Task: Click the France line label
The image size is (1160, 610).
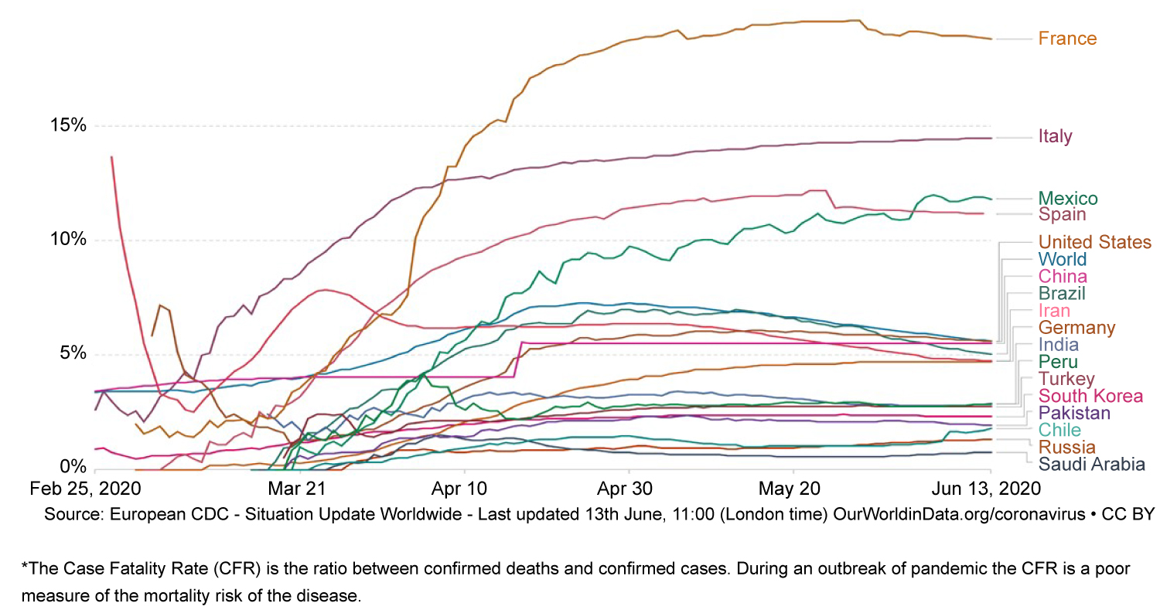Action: tap(1067, 39)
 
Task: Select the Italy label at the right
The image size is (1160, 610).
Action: tap(1056, 137)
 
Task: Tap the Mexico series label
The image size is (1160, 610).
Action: tap(1068, 198)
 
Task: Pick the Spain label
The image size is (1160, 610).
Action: tap(1062, 214)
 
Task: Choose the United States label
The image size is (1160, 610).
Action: tap(1094, 242)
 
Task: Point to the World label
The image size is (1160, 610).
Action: tap(1062, 259)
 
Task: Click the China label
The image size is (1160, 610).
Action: tap(1062, 276)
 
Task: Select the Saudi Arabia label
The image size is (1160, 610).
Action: tap(1091, 465)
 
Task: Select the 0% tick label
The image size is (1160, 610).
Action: tap(73, 468)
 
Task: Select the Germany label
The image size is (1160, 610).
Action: tap(1076, 328)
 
